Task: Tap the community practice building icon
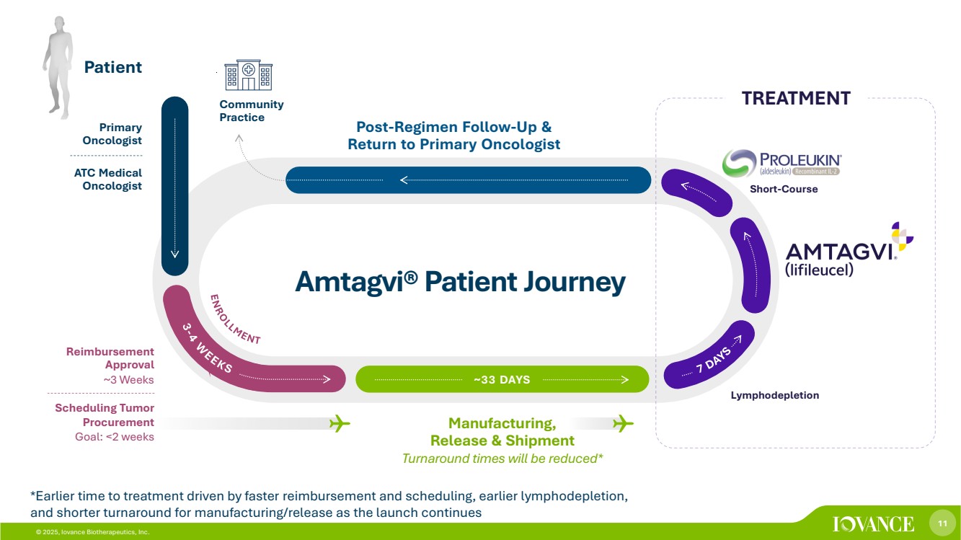click(x=248, y=76)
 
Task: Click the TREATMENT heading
click(x=796, y=98)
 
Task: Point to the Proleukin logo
click(x=781, y=163)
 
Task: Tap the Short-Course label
click(x=784, y=190)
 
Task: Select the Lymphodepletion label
click(x=774, y=395)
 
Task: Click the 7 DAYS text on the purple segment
click(x=714, y=359)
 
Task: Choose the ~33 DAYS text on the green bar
click(x=502, y=380)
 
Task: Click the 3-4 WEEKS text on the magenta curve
click(x=206, y=348)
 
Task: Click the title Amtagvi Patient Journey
click(x=460, y=282)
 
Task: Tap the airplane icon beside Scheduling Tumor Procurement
click(x=339, y=423)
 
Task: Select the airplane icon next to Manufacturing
click(x=622, y=423)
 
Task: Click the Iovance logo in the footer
click(x=873, y=524)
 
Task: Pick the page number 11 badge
click(x=942, y=523)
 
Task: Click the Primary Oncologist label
click(x=112, y=134)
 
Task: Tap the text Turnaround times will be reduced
click(x=502, y=458)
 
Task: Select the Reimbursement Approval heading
click(x=110, y=358)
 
